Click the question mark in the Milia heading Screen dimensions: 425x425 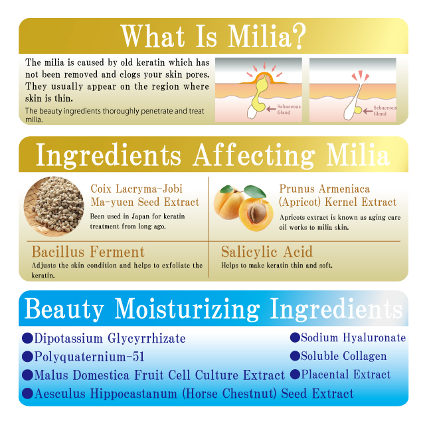click(299, 37)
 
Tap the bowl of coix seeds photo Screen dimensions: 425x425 click(54, 207)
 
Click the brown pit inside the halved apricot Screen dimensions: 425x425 click(256, 213)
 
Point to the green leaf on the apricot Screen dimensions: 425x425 click(255, 191)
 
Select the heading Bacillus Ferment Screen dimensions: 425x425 click(88, 252)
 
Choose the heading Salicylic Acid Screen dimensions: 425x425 click(267, 252)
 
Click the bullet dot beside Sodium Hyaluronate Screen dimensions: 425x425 click(295, 337)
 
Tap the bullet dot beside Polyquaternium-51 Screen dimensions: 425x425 click(27, 357)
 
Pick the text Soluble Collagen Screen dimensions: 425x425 click(344, 356)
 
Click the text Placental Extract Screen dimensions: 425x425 click(346, 375)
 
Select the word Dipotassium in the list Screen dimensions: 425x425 click(68, 339)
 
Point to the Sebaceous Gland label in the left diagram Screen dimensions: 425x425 click(288, 110)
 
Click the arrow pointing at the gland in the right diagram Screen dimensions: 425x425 click(367, 111)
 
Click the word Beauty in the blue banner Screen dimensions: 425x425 click(64, 309)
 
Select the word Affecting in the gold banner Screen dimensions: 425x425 click(254, 155)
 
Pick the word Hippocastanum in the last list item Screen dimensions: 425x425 click(133, 394)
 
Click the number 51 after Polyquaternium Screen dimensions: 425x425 click(138, 357)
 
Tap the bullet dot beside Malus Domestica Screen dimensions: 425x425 click(27, 375)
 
